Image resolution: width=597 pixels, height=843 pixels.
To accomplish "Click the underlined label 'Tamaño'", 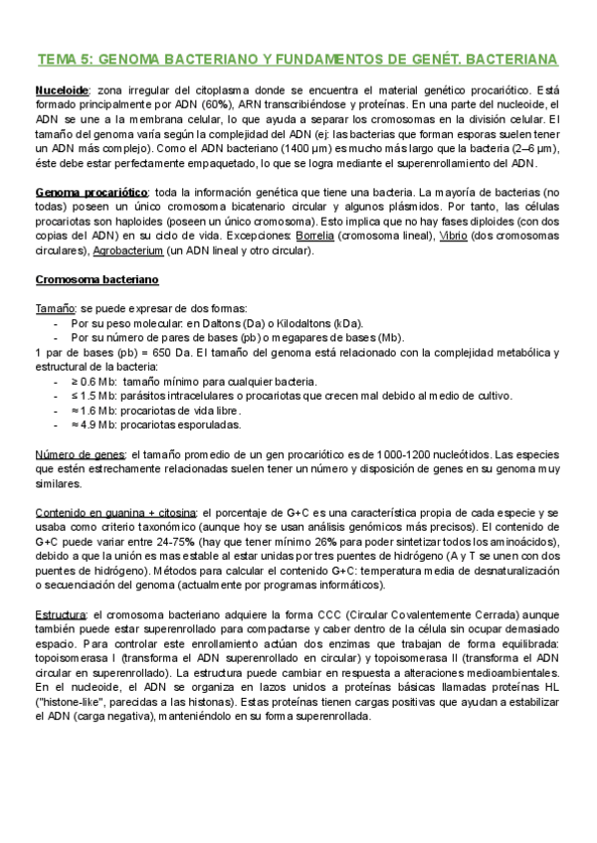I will point(53,308).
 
